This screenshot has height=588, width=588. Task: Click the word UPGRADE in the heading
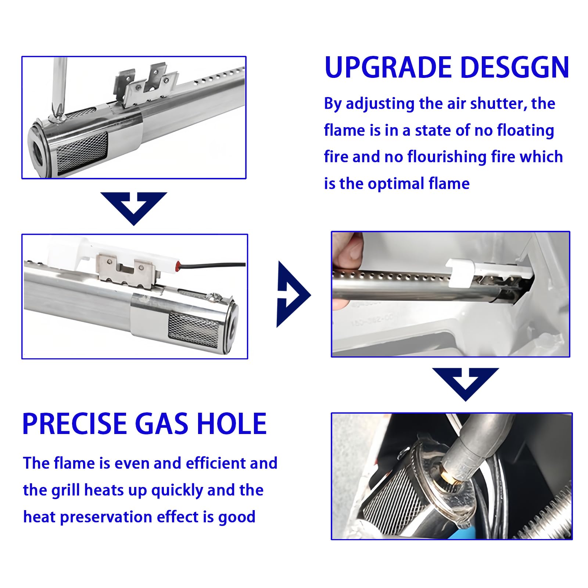(x=388, y=68)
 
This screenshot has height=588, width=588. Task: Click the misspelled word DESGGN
(x=514, y=68)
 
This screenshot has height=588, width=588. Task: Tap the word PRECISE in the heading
(x=75, y=424)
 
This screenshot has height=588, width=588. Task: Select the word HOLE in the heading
(x=232, y=424)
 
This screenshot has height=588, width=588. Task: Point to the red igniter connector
(x=178, y=264)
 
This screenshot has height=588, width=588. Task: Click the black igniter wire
(x=213, y=264)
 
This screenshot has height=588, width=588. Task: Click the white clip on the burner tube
(x=459, y=272)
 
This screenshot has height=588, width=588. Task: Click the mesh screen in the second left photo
(x=193, y=325)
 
